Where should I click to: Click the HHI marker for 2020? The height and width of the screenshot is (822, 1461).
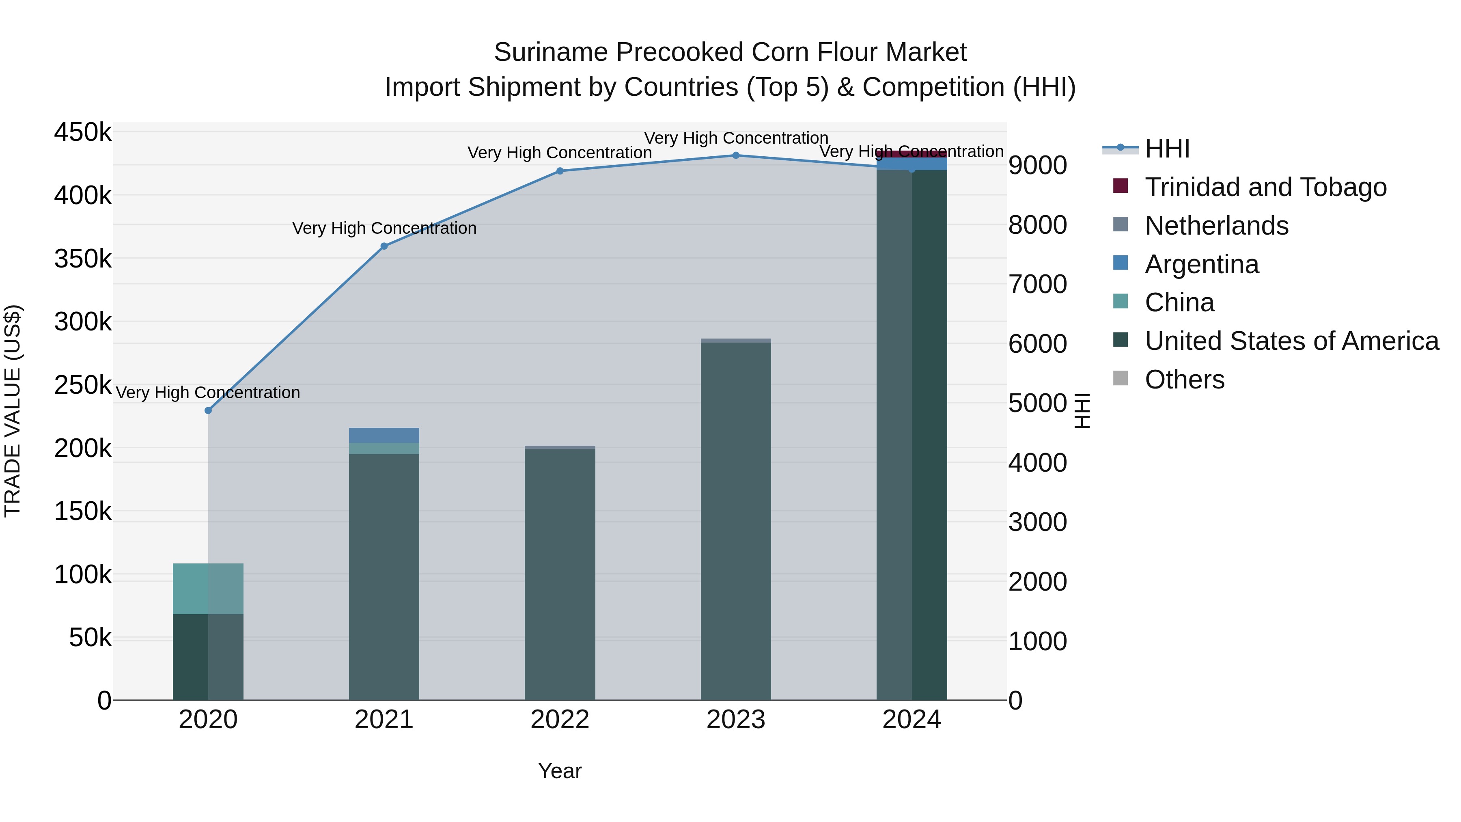coord(208,410)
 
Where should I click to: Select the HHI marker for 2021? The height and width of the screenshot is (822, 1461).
coord(384,246)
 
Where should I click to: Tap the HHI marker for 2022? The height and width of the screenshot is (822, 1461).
coord(560,171)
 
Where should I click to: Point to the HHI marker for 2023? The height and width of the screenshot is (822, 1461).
coord(736,155)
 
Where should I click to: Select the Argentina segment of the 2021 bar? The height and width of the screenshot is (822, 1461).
coord(384,435)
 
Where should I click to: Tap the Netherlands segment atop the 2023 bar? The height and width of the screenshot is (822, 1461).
coord(736,341)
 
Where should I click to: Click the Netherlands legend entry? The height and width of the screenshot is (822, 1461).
coord(1217,225)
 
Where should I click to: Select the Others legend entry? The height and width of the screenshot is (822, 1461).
coord(1184,379)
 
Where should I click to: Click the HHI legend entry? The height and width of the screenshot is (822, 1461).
coord(1167,149)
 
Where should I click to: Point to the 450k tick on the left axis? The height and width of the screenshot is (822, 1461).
coord(83,132)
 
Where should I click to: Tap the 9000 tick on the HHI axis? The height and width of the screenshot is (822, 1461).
coord(1037,166)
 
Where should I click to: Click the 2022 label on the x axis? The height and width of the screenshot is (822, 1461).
coord(560,720)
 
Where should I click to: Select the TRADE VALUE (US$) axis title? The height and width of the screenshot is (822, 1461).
coord(13,411)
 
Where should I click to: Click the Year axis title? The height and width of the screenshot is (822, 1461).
coord(560,771)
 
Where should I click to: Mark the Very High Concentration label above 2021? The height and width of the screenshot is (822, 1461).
coord(384,228)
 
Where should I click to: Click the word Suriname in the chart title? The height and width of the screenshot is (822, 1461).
coord(551,52)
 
